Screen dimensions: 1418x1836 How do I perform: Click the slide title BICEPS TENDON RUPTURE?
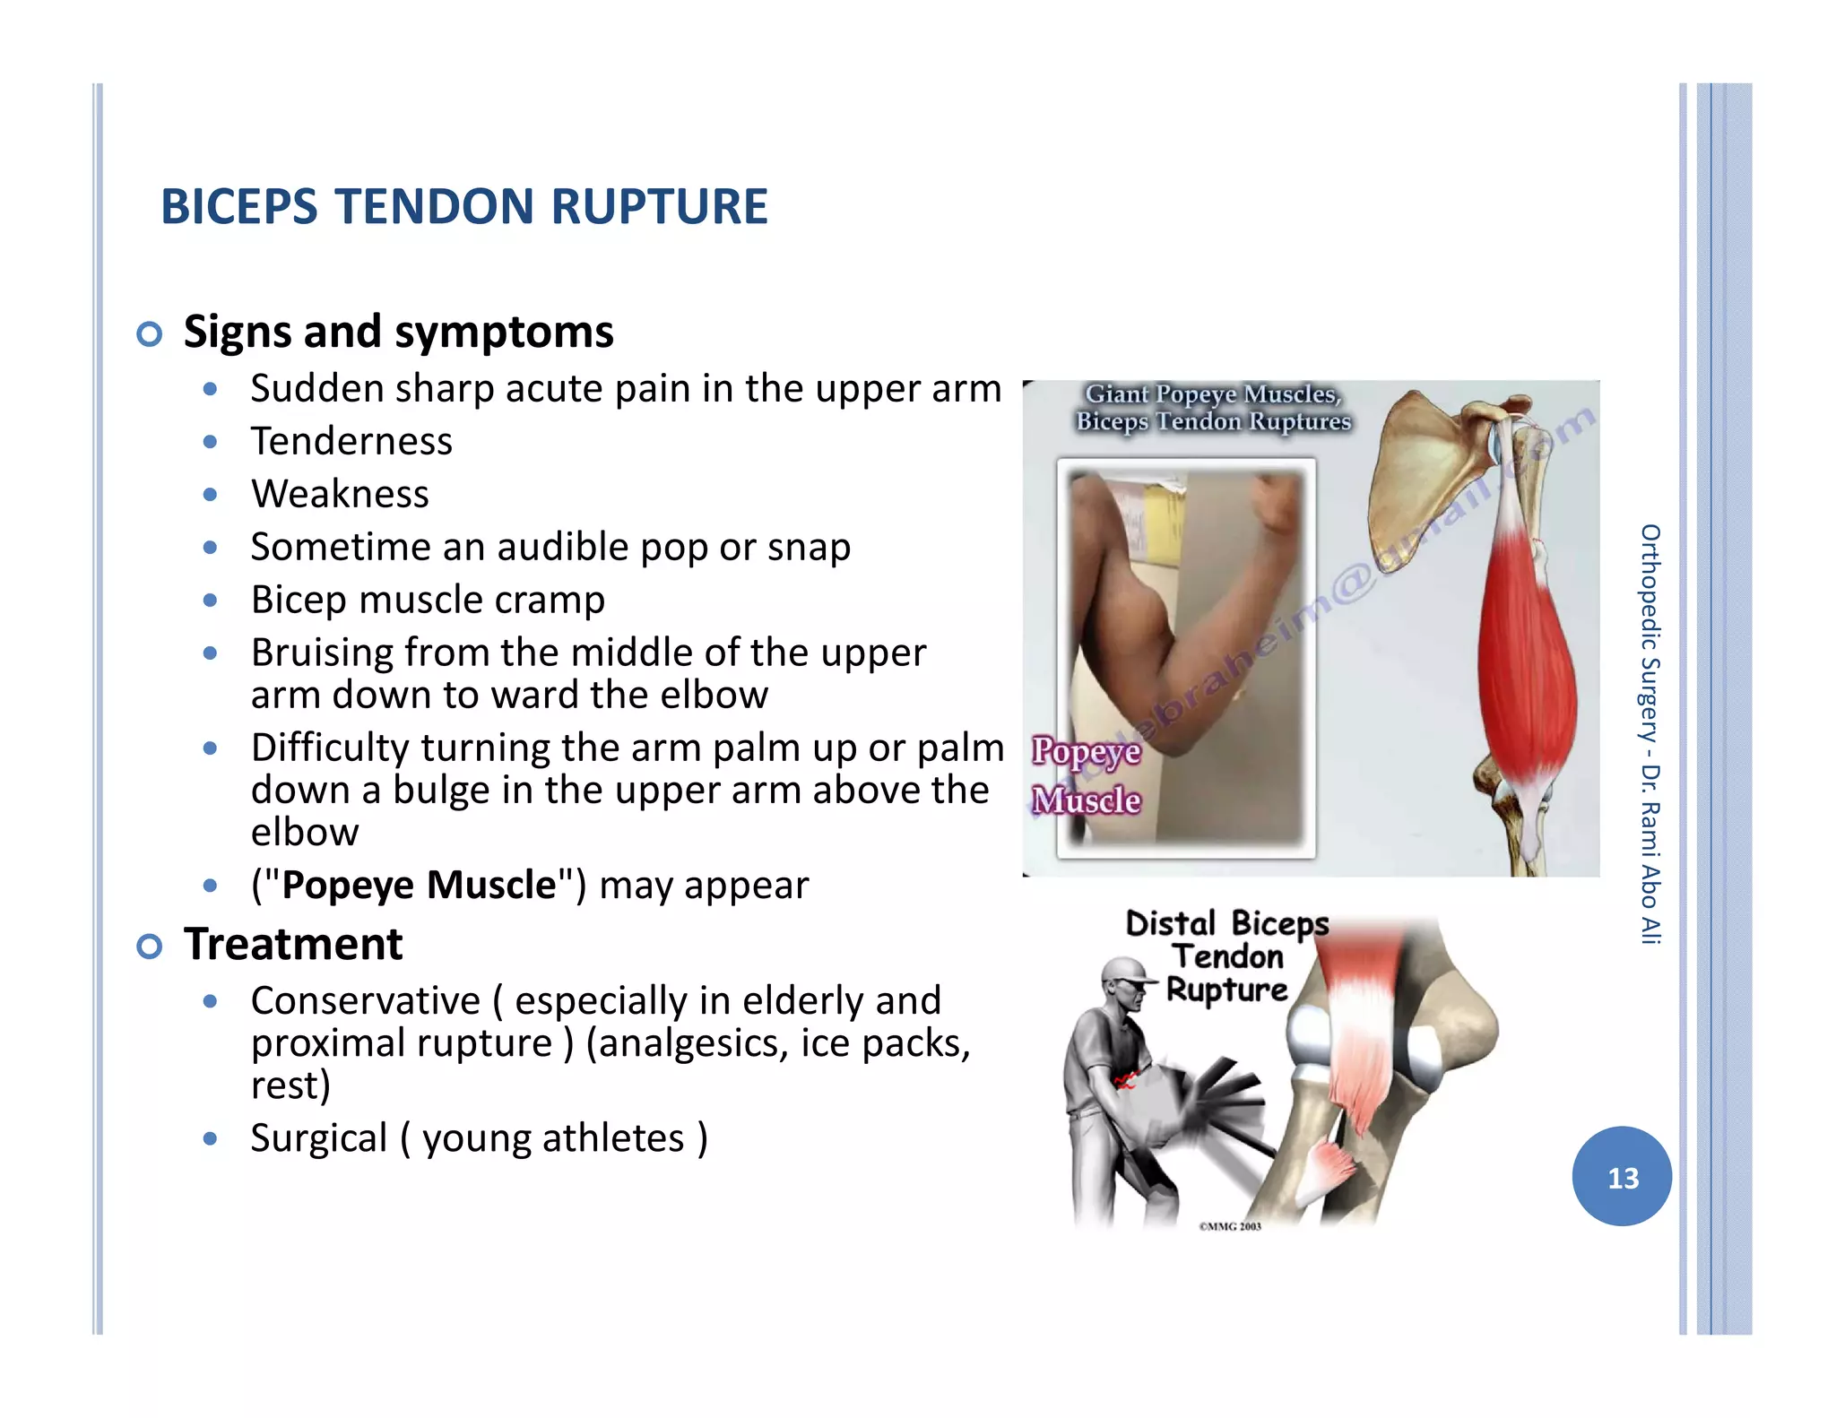point(463,207)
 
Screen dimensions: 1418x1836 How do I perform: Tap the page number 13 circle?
point(1621,1176)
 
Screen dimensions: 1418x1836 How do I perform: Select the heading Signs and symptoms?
point(398,332)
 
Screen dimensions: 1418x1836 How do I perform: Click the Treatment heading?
point(293,944)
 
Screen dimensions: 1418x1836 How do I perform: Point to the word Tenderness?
point(351,441)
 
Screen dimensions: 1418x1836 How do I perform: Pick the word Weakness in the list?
point(340,494)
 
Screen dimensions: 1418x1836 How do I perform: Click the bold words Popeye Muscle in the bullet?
point(419,886)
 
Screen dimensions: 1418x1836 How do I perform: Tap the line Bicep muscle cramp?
point(428,600)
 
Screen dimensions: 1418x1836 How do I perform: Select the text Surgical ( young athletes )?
point(479,1138)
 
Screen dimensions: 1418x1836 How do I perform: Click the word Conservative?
point(365,1000)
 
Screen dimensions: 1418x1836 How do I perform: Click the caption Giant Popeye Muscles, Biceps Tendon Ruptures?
point(1213,407)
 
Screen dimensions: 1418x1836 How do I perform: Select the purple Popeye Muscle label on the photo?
point(1086,775)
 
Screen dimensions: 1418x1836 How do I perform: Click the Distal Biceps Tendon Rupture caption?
point(1226,956)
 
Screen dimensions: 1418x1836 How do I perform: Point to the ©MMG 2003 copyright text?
point(1230,1226)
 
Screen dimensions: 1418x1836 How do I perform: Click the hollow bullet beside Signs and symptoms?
point(150,334)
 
